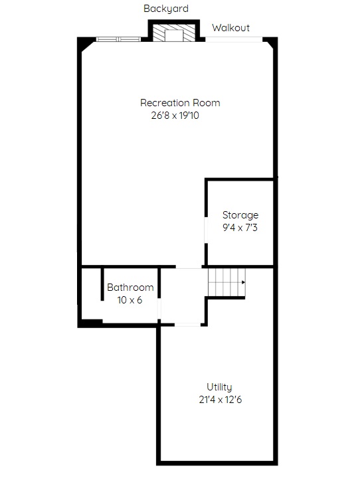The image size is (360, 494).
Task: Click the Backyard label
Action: [166, 9]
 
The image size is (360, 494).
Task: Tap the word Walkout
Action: [230, 28]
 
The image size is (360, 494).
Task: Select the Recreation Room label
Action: [180, 103]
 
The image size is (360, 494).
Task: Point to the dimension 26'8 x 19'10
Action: [175, 116]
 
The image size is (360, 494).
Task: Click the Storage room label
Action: [240, 215]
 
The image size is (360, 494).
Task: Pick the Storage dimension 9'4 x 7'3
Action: [240, 228]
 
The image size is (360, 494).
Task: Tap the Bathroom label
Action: [130, 288]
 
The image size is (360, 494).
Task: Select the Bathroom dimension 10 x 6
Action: [130, 300]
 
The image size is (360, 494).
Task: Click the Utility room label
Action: [219, 387]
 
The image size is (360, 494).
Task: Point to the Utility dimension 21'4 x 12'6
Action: [221, 400]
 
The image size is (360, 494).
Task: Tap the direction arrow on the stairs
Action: [243, 282]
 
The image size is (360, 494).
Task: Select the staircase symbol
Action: [226, 282]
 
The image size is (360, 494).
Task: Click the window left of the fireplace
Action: [118, 39]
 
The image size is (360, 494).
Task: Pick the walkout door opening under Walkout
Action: [234, 39]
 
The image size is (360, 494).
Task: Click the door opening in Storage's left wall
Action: [206, 230]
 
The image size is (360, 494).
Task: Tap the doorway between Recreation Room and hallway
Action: [189, 267]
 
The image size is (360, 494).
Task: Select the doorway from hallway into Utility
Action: [187, 324]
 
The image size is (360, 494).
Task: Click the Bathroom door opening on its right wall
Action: [159, 309]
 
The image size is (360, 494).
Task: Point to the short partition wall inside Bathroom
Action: [102, 284]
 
